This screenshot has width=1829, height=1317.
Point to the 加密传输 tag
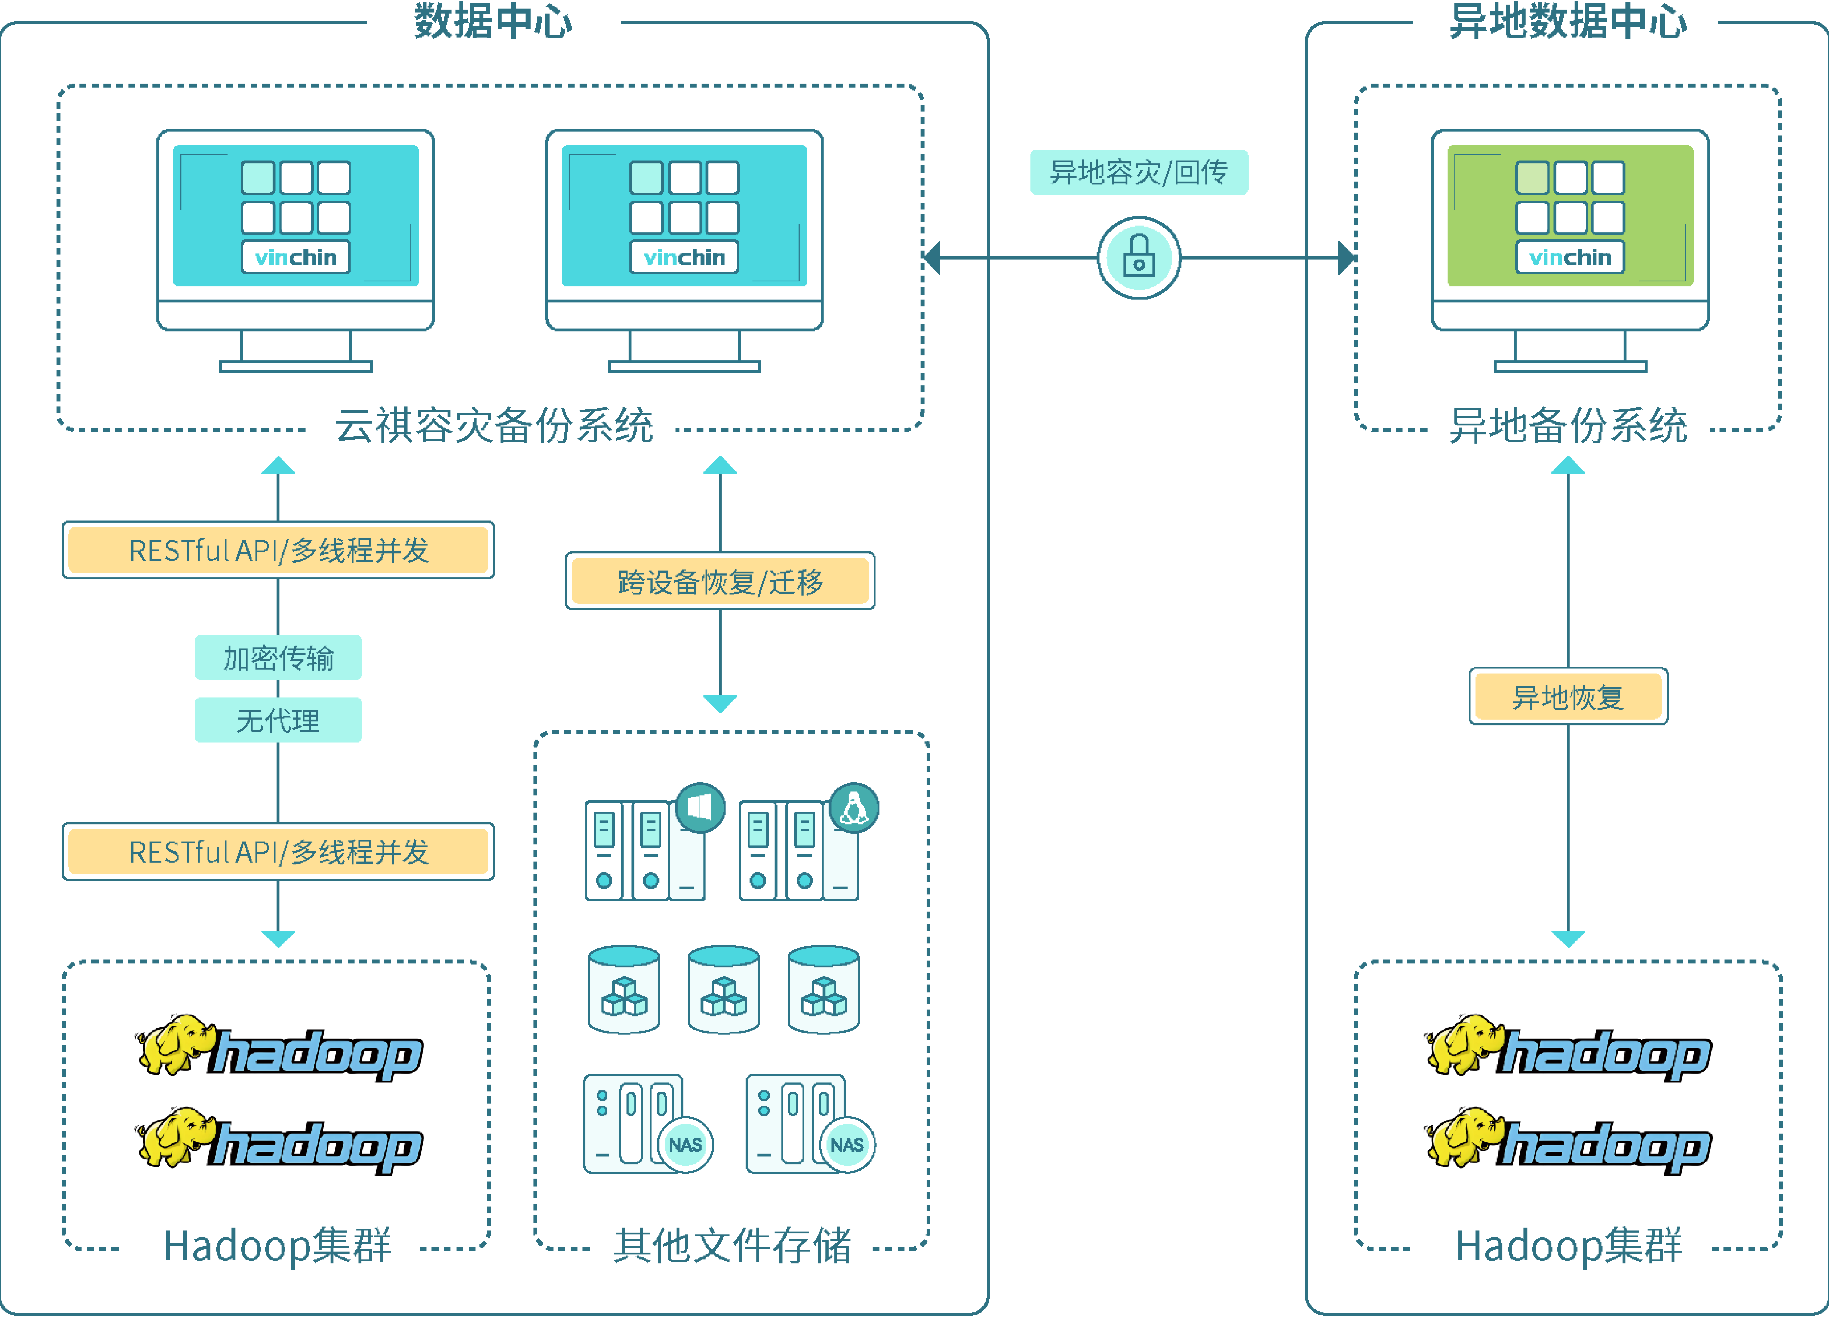click(x=278, y=658)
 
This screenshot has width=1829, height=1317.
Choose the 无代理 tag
click(x=278, y=720)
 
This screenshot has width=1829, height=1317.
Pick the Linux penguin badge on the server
click(x=854, y=807)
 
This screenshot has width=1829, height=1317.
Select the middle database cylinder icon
click(x=723, y=990)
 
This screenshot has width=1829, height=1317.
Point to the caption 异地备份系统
click(x=1568, y=425)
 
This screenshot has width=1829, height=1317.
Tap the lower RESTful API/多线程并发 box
click(x=278, y=851)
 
